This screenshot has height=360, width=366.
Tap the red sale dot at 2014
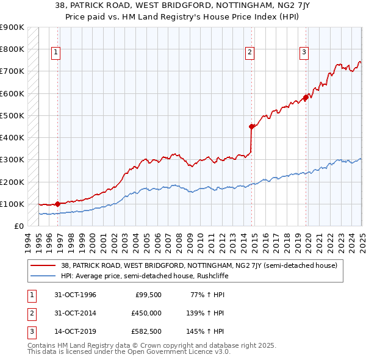[251, 127]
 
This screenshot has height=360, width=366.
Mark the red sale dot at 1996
[57, 204]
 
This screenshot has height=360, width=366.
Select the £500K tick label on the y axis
[12, 115]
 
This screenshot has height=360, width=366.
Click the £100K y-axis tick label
[12, 204]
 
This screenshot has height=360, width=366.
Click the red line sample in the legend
[43, 265]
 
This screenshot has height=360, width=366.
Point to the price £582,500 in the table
[146, 331]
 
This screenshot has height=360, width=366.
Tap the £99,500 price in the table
[148, 295]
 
